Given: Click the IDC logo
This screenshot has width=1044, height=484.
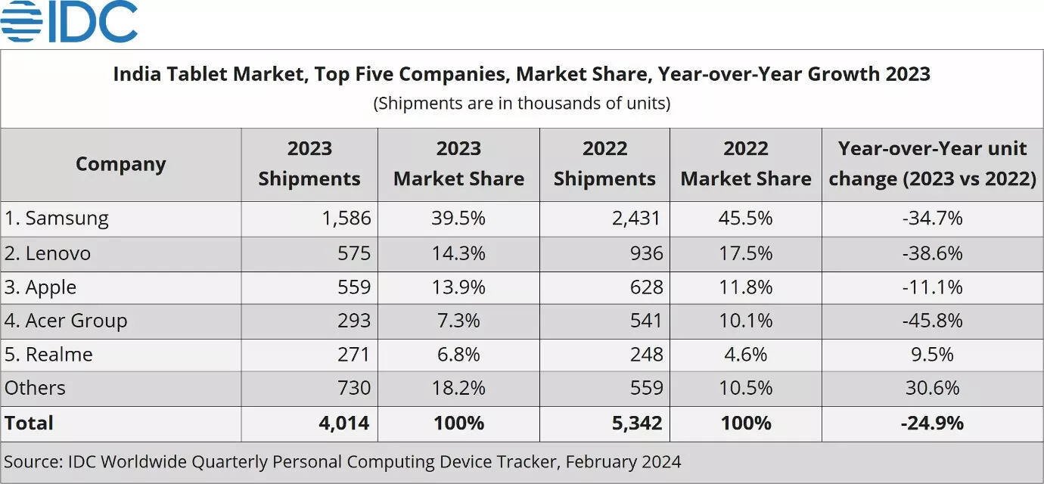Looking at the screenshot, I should click(x=69, y=22).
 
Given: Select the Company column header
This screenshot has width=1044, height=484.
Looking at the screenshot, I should click(x=120, y=164).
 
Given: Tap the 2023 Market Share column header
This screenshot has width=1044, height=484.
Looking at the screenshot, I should click(x=458, y=164).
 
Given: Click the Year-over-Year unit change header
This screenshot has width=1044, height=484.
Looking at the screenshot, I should click(x=932, y=164).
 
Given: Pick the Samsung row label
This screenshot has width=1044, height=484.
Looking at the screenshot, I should click(x=57, y=219).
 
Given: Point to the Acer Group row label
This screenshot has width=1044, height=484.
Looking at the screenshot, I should click(x=66, y=321).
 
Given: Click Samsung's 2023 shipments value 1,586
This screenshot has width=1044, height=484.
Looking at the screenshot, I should click(x=344, y=219).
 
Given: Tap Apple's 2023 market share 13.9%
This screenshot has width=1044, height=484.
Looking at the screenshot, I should click(x=458, y=287).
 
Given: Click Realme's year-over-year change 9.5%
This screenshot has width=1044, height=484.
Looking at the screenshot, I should click(x=932, y=354).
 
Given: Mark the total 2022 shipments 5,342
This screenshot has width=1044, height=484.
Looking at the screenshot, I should click(x=637, y=423).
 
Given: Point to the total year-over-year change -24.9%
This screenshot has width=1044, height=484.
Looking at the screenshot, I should click(x=932, y=423).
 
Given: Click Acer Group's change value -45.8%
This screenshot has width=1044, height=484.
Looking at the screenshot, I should click(x=932, y=321).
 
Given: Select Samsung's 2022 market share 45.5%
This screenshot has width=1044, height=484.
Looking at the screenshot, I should click(x=746, y=219).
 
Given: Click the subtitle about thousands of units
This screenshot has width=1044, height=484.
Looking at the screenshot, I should click(x=521, y=103).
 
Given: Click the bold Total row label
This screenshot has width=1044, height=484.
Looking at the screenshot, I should click(x=29, y=423).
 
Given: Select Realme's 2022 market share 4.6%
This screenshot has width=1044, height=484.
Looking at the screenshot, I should click(x=746, y=354).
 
